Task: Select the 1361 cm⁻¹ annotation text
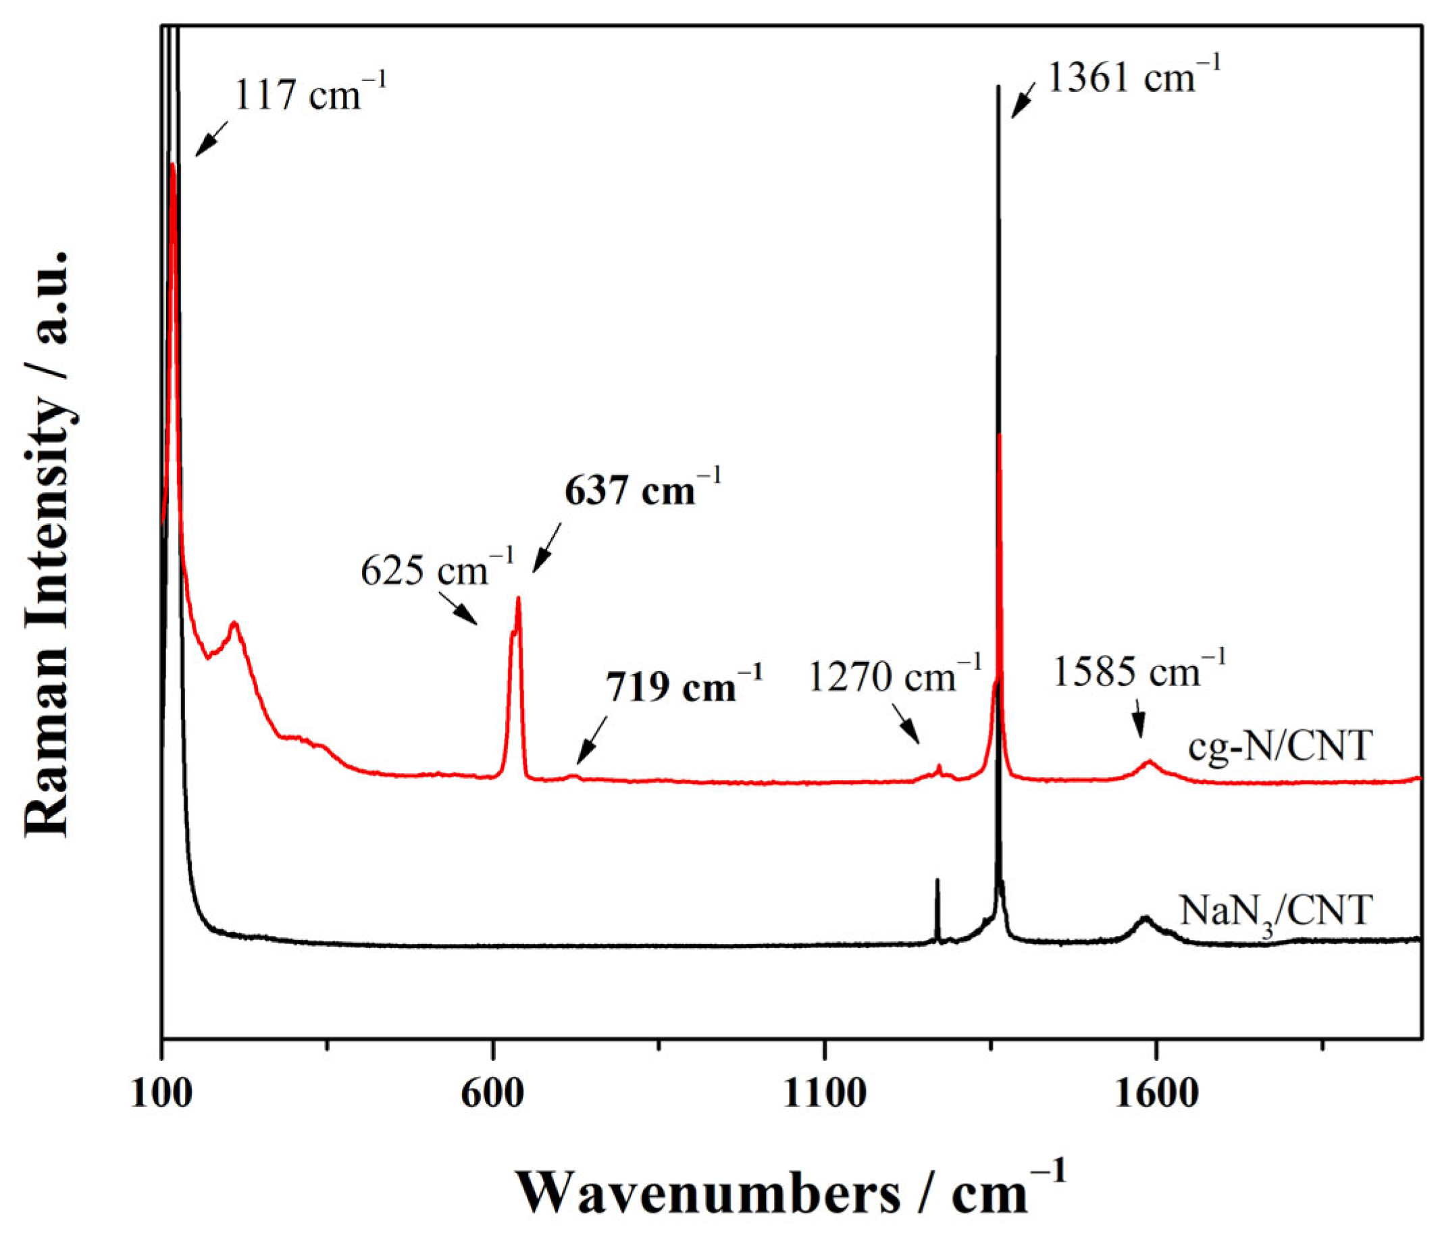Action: pos(1133,76)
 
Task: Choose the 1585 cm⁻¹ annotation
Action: pos(1139,671)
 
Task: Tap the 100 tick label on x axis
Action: pos(161,1093)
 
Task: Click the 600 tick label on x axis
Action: pos(493,1093)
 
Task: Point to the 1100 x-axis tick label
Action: pos(824,1093)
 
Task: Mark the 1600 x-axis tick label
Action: pos(1156,1093)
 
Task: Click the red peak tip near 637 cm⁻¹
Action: pos(518,598)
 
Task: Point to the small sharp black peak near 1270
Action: pos(937,881)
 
